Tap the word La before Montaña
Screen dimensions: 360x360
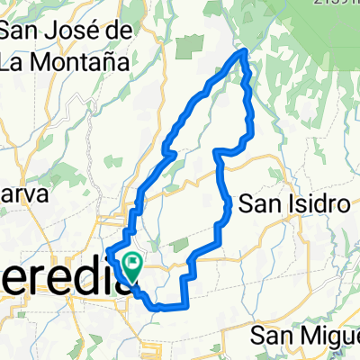[x=16, y=61]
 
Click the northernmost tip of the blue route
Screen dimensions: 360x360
[x=243, y=53]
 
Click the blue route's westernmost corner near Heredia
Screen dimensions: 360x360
[x=108, y=250]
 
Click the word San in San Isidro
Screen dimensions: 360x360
[x=264, y=205]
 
